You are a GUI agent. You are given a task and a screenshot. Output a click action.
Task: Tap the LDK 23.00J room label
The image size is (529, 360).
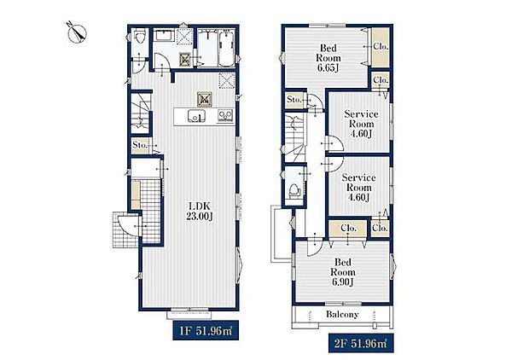pos(200,212)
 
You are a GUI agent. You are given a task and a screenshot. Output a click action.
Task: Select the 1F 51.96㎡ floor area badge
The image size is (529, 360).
pos(206,330)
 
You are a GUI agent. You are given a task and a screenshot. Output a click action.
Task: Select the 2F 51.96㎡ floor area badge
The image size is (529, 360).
pos(361,344)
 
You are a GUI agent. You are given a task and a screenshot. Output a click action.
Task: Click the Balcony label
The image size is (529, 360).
pos(342,315)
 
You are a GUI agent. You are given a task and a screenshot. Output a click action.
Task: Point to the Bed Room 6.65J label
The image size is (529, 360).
pos(328,58)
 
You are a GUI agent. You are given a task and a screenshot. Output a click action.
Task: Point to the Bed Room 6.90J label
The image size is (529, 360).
pos(343,272)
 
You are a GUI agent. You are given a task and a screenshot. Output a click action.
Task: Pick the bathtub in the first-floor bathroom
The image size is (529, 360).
pos(226,49)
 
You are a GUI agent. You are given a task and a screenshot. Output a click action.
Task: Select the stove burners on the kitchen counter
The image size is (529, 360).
pos(225,116)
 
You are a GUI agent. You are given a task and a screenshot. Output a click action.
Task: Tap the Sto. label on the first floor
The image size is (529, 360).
pos(140,145)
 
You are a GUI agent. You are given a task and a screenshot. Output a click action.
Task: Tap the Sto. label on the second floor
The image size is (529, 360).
pos(294,100)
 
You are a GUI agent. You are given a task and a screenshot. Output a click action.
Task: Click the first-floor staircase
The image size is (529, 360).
pos(140,113)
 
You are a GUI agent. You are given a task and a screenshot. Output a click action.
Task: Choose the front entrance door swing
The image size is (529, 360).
pos(127,225)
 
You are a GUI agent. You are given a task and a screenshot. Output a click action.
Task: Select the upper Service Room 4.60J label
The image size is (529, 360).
pos(361,124)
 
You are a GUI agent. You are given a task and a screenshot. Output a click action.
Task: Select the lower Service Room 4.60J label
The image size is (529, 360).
pos(358,188)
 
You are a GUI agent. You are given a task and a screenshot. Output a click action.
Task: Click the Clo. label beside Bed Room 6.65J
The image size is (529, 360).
pos(381,47)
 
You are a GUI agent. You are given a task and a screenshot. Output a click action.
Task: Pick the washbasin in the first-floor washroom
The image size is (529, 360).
pos(163,35)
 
